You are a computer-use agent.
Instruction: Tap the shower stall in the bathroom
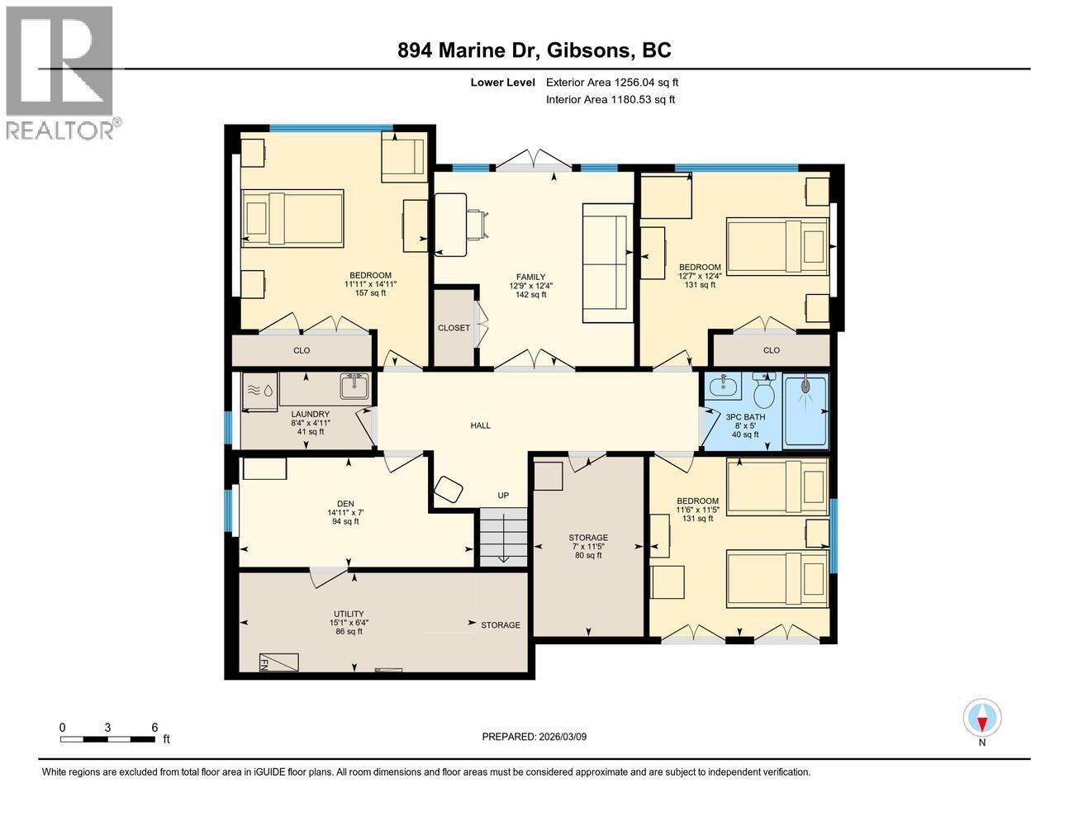(805, 411)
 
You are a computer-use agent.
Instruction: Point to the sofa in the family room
(607, 263)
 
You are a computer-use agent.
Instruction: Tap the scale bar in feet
(108, 738)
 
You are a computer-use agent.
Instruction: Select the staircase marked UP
(503, 537)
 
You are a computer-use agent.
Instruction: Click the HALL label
(480, 425)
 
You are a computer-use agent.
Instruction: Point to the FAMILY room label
(531, 278)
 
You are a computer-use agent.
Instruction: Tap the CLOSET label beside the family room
(454, 328)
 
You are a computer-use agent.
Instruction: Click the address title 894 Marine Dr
(534, 50)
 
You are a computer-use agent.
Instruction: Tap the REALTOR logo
(59, 72)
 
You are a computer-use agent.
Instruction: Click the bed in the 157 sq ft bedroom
(292, 219)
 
